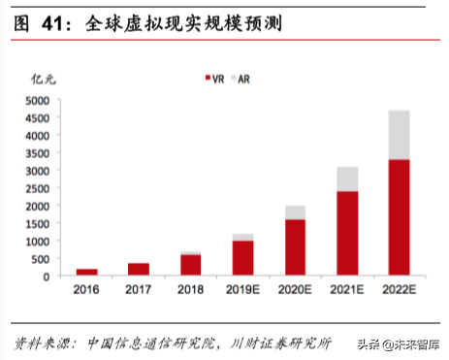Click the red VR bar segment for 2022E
[x=399, y=217]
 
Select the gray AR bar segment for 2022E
[x=399, y=135]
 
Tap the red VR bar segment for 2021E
[x=346, y=233]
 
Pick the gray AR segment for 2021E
[x=346, y=179]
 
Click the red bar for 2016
[x=86, y=273]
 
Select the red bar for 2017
[x=139, y=270]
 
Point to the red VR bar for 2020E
[x=295, y=247]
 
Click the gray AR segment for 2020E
[x=295, y=213]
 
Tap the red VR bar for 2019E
[x=242, y=258]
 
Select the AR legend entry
[x=248, y=78]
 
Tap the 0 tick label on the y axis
[x=47, y=277]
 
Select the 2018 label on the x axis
[x=190, y=290]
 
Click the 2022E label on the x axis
[x=399, y=290]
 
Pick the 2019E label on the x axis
[x=242, y=290]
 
